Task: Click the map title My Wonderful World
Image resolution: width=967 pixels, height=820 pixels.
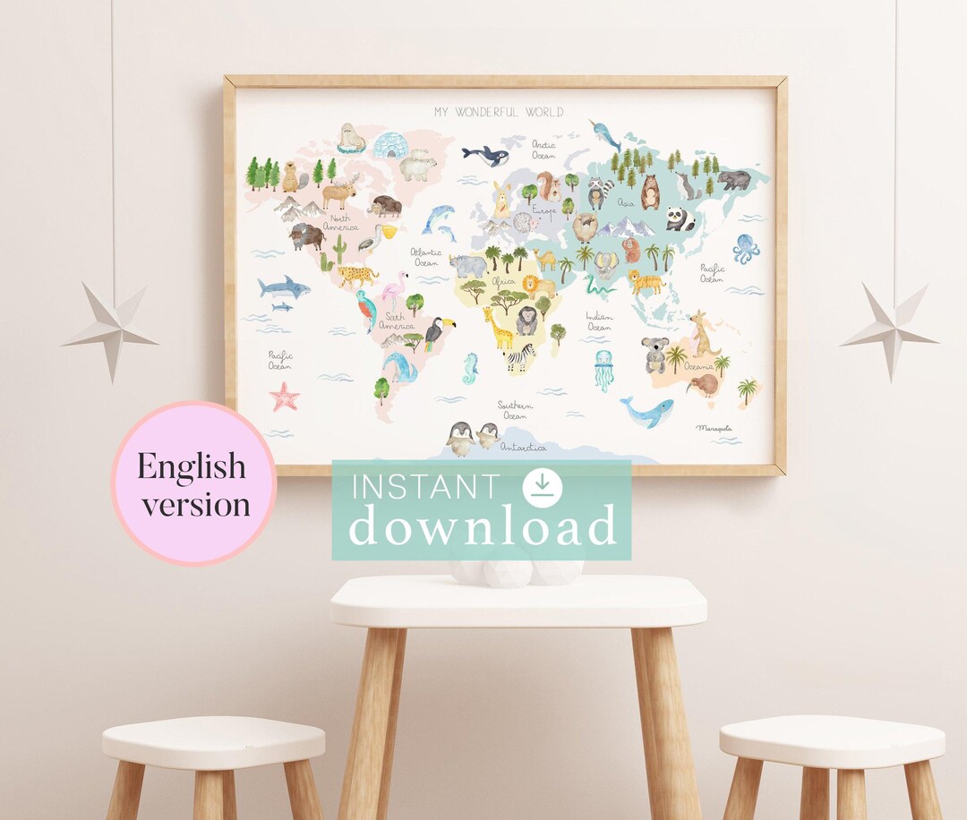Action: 499,112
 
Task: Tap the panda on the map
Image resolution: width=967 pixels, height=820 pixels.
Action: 680,219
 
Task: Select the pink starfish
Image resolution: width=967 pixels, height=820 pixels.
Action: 285,396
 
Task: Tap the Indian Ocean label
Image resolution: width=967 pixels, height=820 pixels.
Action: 599,322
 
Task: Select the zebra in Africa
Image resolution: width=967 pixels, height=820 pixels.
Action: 519,357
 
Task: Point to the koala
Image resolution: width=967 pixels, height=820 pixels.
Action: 655,354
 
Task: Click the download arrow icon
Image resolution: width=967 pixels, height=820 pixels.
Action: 542,486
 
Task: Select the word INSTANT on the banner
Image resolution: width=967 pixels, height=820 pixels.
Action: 425,488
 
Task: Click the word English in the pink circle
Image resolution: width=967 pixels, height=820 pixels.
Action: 192,466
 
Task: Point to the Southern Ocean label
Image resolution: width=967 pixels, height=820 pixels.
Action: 515,411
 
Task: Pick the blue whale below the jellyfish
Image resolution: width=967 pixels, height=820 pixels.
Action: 648,412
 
